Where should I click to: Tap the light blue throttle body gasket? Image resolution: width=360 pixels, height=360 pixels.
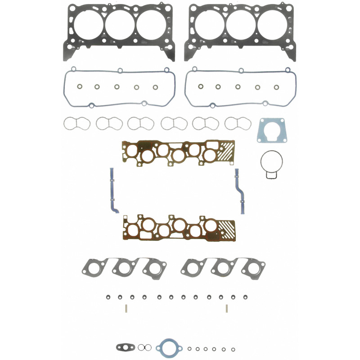[x=272, y=131]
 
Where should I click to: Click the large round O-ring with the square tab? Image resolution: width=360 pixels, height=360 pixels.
[x=272, y=163]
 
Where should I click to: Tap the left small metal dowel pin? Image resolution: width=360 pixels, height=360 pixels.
[x=126, y=309]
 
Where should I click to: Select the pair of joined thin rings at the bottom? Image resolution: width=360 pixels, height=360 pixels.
[x=144, y=347]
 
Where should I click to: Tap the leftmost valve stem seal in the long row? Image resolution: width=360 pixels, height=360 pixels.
[x=108, y=297]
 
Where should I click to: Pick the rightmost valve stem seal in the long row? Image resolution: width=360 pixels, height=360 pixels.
[x=246, y=297]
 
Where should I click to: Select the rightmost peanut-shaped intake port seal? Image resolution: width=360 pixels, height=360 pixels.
[x=237, y=122]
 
